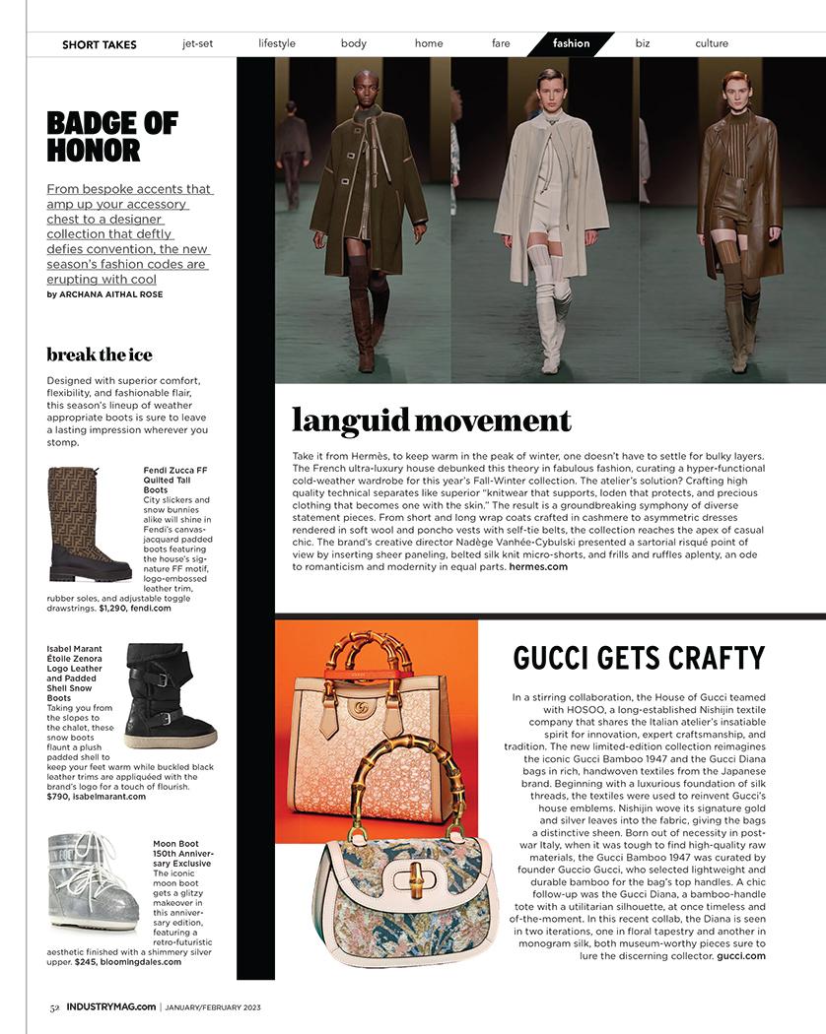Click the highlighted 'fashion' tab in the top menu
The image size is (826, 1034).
pyautogui.click(x=571, y=43)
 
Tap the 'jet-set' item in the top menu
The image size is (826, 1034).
pyautogui.click(x=197, y=43)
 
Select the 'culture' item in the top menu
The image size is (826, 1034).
pyautogui.click(x=711, y=43)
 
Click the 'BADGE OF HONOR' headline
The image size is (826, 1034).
pyautogui.click(x=112, y=137)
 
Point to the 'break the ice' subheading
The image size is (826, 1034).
pyautogui.click(x=100, y=355)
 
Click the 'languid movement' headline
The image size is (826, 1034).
pyautogui.click(x=432, y=420)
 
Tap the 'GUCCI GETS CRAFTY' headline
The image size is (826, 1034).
pyautogui.click(x=639, y=658)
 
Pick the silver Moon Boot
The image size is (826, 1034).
pyautogui.click(x=94, y=880)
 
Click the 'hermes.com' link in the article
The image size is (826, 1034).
pyautogui.click(x=538, y=566)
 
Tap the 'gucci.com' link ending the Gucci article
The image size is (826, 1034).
pyautogui.click(x=741, y=955)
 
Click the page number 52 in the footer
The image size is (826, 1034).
pyautogui.click(x=55, y=1006)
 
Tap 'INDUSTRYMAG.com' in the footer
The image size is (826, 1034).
pyautogui.click(x=110, y=1006)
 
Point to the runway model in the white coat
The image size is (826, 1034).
pyautogui.click(x=548, y=217)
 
